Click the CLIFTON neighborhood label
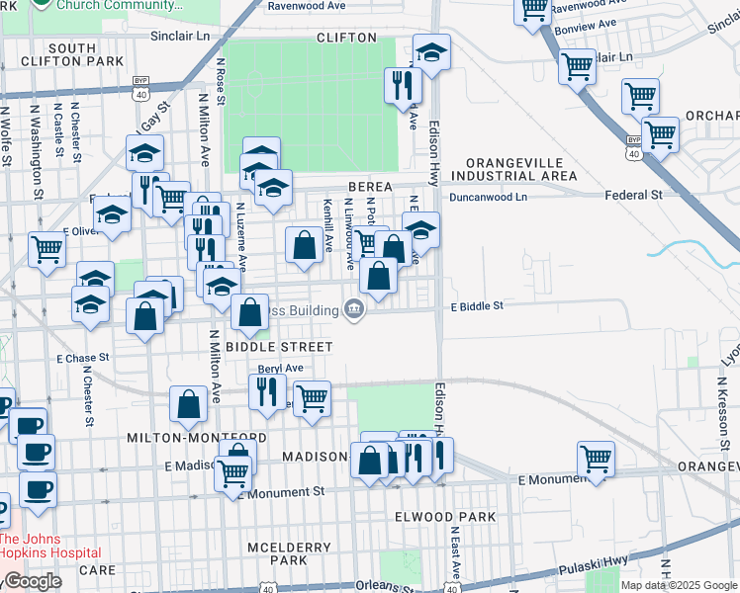(x=346, y=38)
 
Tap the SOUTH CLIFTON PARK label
(x=71, y=55)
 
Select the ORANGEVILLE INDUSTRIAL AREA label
(x=513, y=169)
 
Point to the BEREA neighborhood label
(x=370, y=186)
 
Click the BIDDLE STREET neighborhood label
(x=279, y=347)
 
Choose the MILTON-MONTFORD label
(x=196, y=437)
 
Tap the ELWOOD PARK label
(x=444, y=517)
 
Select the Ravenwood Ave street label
(x=306, y=6)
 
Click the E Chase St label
(x=82, y=357)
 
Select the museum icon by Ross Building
(x=353, y=310)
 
